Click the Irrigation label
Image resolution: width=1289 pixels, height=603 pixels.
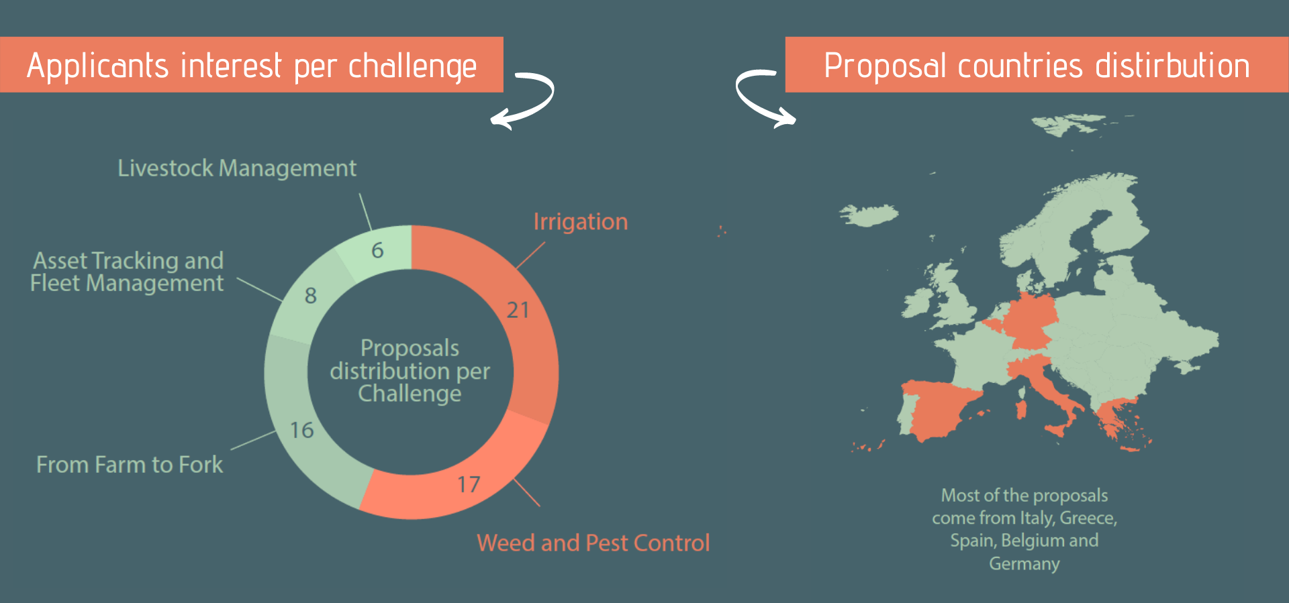click(x=581, y=222)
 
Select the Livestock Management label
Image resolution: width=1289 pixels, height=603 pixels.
click(x=237, y=168)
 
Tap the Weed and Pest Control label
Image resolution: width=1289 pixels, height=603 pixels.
click(x=593, y=543)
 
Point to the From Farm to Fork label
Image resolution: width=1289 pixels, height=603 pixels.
click(x=130, y=464)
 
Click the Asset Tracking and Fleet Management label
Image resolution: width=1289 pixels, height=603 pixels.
click(x=127, y=272)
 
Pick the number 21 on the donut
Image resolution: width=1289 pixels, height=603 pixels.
click(x=518, y=310)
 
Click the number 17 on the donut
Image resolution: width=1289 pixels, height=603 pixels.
click(x=469, y=484)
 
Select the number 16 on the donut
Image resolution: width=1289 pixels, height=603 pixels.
click(x=302, y=430)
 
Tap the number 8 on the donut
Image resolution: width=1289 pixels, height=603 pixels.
click(x=310, y=295)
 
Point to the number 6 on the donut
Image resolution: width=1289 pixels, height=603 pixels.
click(x=377, y=250)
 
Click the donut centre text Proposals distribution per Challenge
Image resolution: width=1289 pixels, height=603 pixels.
click(x=410, y=370)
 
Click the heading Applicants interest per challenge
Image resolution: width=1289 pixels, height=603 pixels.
click(x=252, y=66)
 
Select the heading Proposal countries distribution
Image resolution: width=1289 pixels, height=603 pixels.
click(x=1037, y=66)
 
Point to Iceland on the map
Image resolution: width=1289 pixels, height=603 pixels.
click(x=869, y=215)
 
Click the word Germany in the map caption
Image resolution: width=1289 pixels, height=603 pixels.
click(x=1024, y=563)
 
